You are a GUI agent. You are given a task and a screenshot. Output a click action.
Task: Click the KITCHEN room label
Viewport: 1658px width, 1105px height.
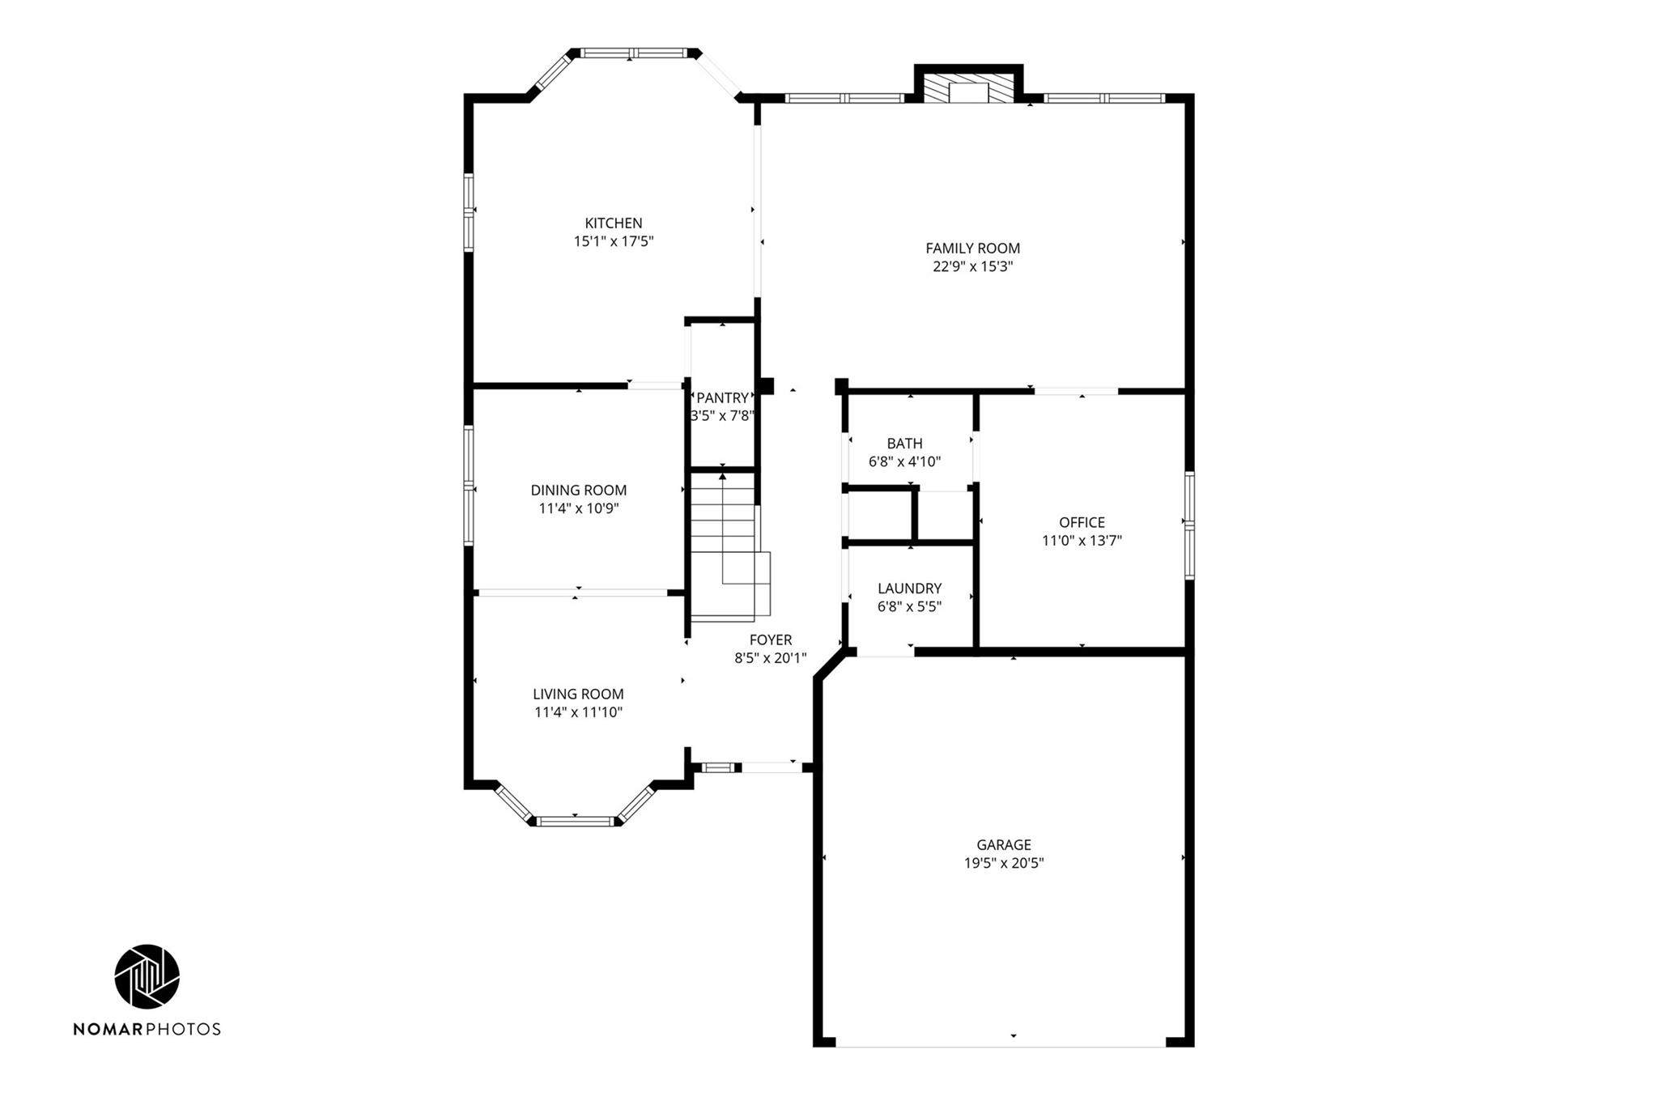click(x=614, y=223)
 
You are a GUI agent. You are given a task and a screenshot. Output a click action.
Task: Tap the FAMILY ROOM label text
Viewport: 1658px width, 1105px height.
click(x=972, y=249)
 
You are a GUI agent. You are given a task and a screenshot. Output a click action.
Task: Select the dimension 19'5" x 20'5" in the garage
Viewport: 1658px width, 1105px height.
click(x=1003, y=863)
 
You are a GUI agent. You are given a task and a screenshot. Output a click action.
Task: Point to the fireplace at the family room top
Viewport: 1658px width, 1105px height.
click(x=968, y=89)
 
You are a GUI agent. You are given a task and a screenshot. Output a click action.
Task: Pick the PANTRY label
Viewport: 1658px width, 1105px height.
click(x=722, y=398)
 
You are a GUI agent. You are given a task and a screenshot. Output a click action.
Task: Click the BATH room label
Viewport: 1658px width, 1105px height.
click(x=904, y=444)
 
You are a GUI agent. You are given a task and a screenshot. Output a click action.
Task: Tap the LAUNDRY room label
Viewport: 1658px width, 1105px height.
click(x=909, y=589)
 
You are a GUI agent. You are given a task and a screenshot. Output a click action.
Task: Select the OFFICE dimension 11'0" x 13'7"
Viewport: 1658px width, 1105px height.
click(x=1082, y=541)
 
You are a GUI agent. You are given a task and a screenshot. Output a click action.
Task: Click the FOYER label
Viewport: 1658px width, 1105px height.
click(x=770, y=640)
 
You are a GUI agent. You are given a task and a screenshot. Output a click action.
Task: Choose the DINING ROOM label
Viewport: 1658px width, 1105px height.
click(x=578, y=491)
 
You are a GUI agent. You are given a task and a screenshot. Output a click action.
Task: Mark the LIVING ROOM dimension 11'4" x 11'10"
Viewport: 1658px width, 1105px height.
click(x=578, y=712)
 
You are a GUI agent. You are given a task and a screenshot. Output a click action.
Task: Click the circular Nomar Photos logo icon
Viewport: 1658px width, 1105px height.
click(x=147, y=976)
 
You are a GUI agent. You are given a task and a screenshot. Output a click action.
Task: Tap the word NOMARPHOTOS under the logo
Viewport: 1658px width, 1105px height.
click(x=147, y=1029)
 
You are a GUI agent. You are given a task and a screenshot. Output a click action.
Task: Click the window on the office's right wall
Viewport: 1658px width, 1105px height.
click(x=1189, y=525)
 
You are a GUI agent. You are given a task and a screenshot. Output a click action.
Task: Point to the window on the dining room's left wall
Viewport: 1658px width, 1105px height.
click(x=468, y=485)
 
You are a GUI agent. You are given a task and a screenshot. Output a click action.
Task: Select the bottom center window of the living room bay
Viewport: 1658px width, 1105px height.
click(x=576, y=822)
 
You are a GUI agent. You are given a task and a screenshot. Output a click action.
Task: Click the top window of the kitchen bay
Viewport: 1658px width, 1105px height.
click(x=633, y=53)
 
